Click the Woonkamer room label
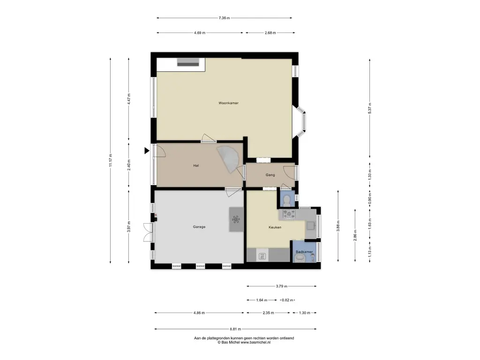pyautogui.click(x=228, y=103)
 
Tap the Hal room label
pyautogui.click(x=196, y=165)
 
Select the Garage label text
pyautogui.click(x=199, y=227)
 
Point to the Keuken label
pyautogui.click(x=275, y=227)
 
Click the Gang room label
pyautogui.click(x=270, y=175)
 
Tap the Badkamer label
pyautogui.click(x=304, y=252)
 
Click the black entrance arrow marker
pyautogui.click(x=147, y=150)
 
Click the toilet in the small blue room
pyautogui.click(x=287, y=200)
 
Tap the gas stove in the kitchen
pyautogui.click(x=289, y=214)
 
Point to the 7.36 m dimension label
pyautogui.click(x=224, y=18)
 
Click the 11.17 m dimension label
pyautogui.click(x=111, y=160)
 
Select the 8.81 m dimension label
pyautogui.click(x=235, y=329)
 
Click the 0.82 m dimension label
pyautogui.click(x=287, y=300)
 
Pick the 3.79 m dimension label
pyautogui.click(x=281, y=286)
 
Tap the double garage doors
pyautogui.click(x=149, y=232)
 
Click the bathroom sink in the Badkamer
pyautogui.click(x=300, y=259)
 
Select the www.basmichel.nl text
pyautogui.click(x=255, y=343)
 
